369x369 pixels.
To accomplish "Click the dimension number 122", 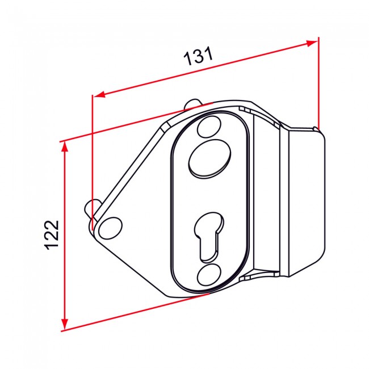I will pyautogui.click(x=52, y=233).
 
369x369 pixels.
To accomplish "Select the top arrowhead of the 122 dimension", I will pyautogui.click(x=65, y=146).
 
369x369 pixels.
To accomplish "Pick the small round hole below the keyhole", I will pyautogui.click(x=209, y=275).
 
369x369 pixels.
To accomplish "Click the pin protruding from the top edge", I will pyautogui.click(x=192, y=104).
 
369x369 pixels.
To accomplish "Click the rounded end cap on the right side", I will pyautogui.click(x=305, y=199).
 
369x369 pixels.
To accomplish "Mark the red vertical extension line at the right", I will pyautogui.click(x=318, y=85).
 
